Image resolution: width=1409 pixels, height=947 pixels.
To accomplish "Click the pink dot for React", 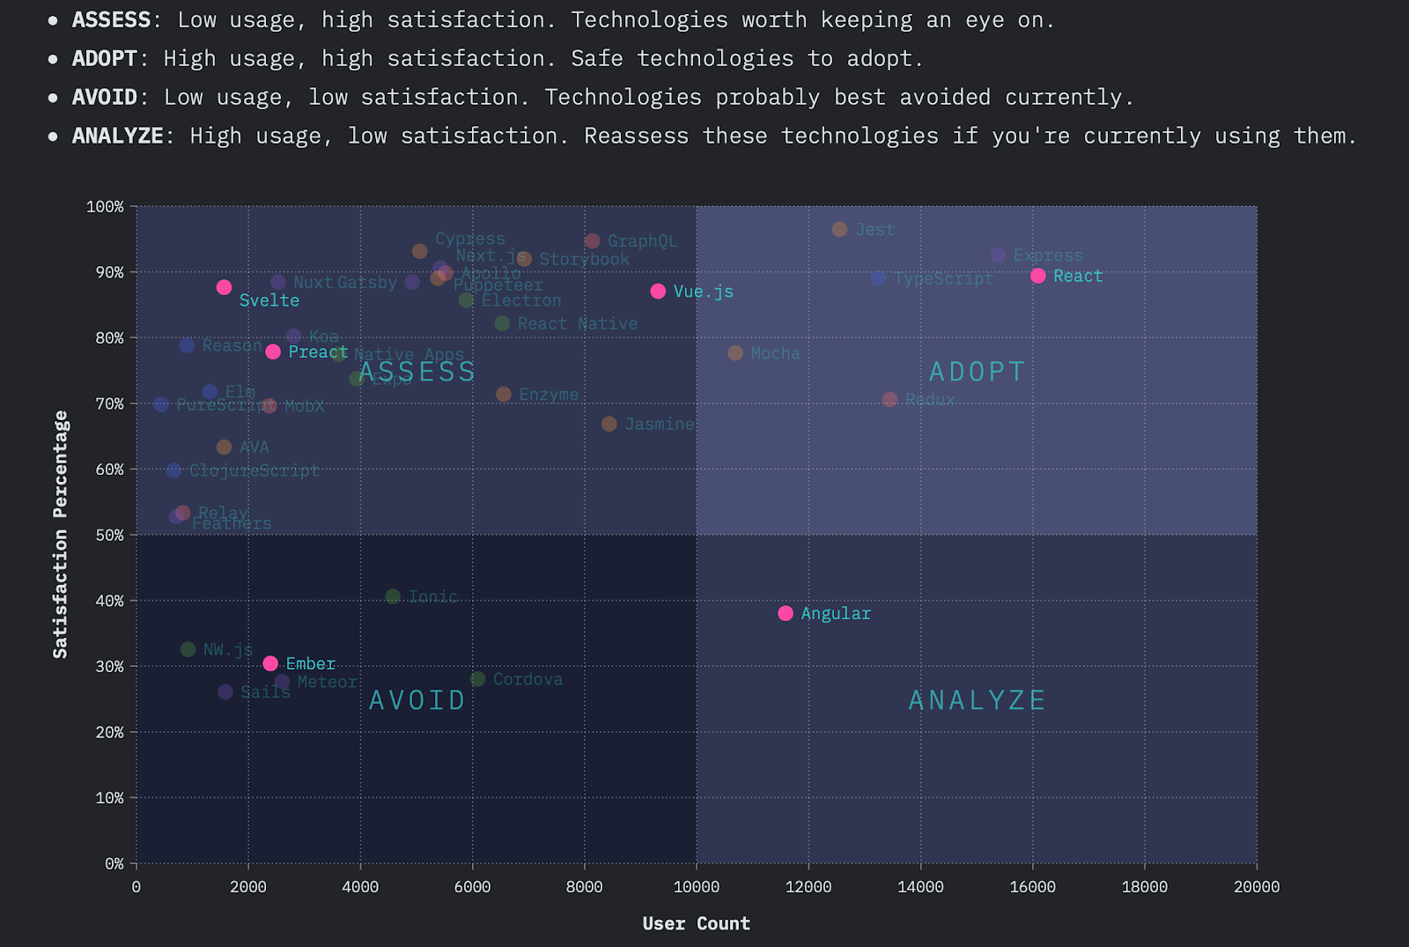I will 1037,276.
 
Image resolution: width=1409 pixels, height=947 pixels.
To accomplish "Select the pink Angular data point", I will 786,613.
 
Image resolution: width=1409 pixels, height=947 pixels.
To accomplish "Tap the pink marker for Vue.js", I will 658,291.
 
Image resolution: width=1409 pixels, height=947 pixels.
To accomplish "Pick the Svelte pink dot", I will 224,287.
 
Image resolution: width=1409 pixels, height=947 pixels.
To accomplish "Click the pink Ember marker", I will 270,663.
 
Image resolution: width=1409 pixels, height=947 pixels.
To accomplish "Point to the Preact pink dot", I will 273,351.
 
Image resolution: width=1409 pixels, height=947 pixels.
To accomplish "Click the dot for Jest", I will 839,229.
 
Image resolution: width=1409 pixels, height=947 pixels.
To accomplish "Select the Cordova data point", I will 477,679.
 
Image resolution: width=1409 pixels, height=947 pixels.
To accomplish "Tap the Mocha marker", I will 735,353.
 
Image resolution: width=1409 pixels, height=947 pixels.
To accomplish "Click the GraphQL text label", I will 642,241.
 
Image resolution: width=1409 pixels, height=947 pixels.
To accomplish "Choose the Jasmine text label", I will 659,425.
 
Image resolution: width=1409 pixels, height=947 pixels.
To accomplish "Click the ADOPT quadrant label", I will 977,372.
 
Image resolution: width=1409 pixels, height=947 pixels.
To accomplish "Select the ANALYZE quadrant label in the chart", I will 977,700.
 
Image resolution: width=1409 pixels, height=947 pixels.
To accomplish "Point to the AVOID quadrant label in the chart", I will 417,700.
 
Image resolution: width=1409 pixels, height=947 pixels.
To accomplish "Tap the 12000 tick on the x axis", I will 808,886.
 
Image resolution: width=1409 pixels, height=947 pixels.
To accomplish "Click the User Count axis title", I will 696,923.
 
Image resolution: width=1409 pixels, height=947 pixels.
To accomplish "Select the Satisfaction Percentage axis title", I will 60,535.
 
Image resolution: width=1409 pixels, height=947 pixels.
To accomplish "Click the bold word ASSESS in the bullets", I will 111,19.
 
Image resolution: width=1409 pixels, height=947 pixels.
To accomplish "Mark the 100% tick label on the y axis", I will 106,206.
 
